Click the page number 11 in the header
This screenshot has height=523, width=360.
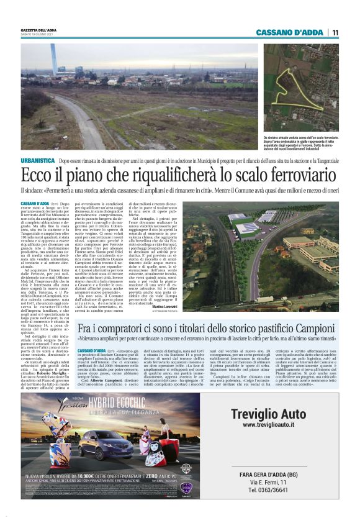coord(335,32)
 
